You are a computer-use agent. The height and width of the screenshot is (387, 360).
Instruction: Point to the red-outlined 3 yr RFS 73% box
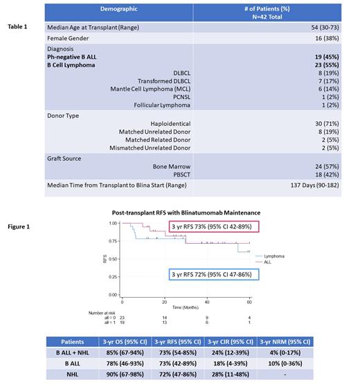pyautogui.click(x=206, y=228)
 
